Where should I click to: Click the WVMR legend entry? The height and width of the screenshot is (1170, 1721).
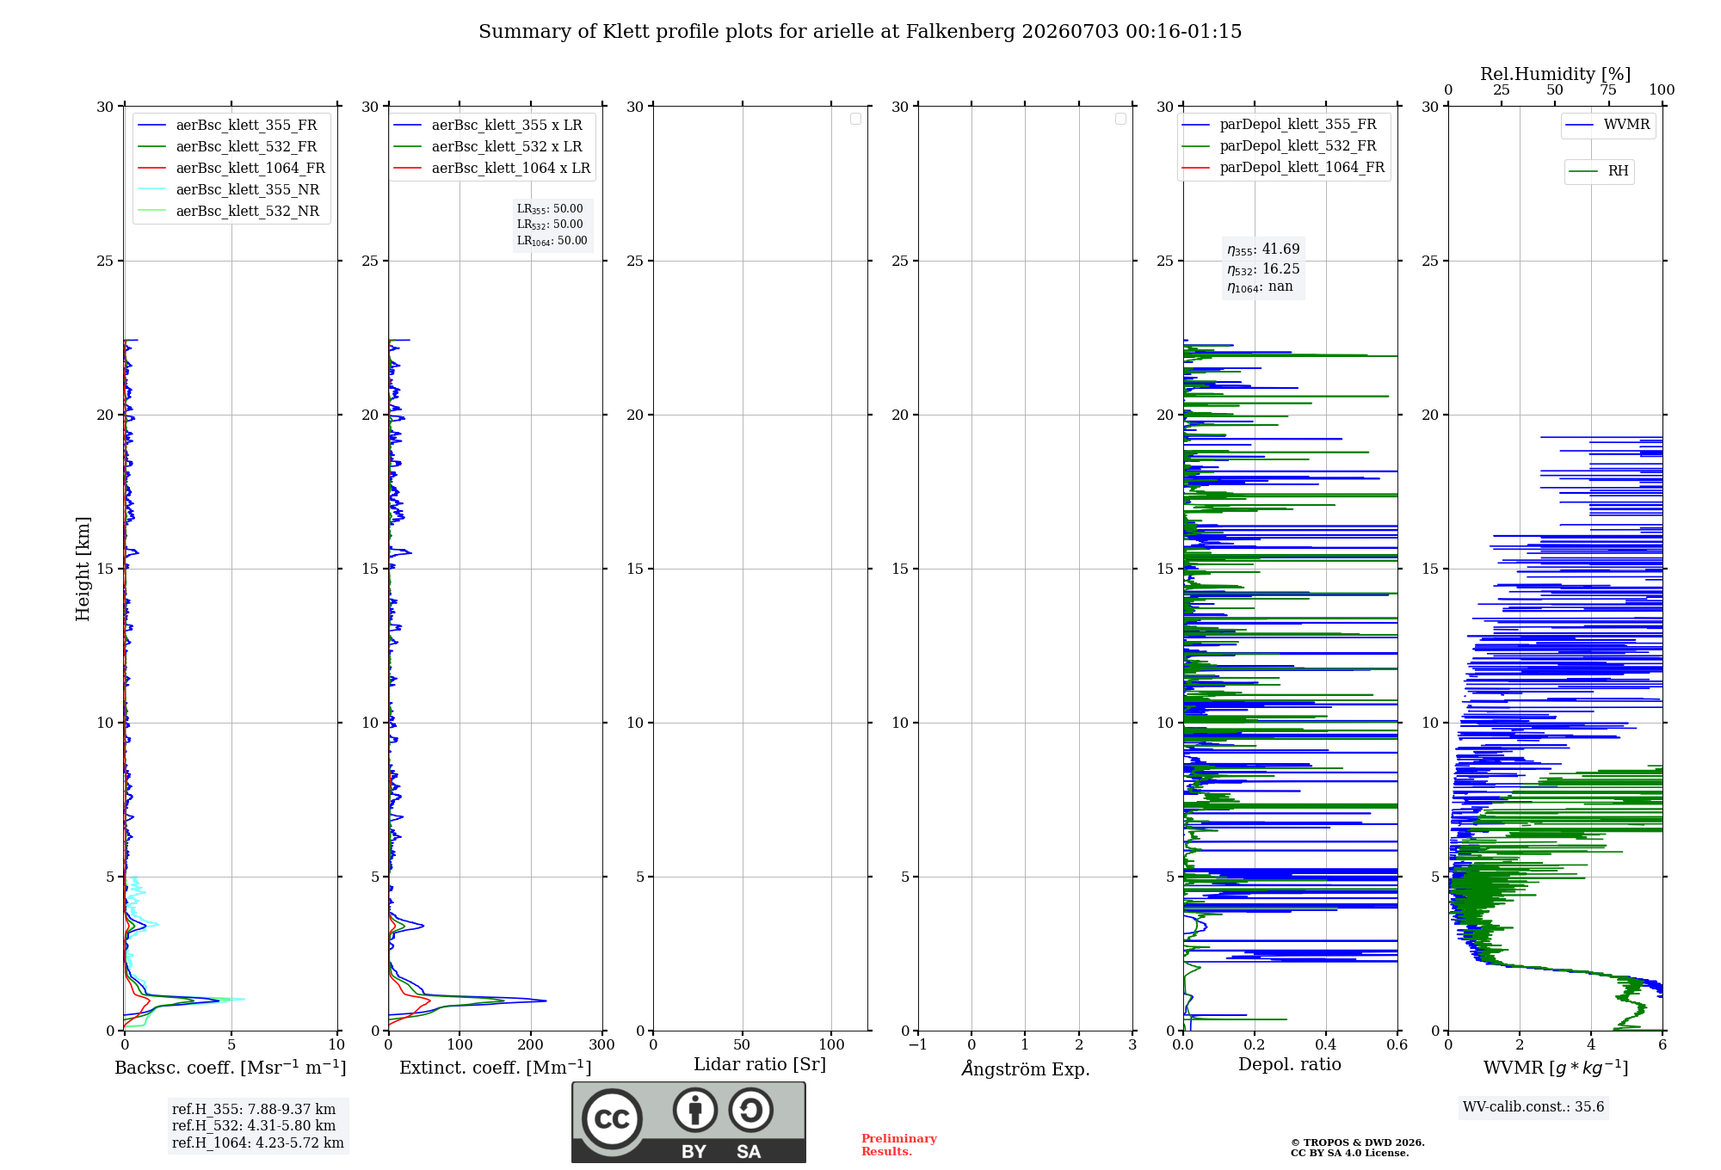(x=1607, y=125)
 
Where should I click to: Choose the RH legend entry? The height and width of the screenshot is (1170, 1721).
(x=1598, y=171)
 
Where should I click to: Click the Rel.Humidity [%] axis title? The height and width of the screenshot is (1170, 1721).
(x=1555, y=74)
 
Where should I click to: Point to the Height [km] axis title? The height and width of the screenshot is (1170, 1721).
(x=83, y=569)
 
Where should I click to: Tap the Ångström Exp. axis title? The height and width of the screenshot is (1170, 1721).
(x=1026, y=1068)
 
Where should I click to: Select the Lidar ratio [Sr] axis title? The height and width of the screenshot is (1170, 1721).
(x=760, y=1064)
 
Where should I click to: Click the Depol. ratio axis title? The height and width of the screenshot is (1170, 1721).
(x=1290, y=1064)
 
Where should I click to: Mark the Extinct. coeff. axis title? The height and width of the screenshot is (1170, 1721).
(x=496, y=1068)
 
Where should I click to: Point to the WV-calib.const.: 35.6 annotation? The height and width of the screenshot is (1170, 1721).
(x=1533, y=1106)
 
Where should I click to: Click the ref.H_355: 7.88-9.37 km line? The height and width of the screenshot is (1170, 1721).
(x=254, y=1109)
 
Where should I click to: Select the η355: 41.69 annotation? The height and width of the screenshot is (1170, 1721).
(x=1263, y=249)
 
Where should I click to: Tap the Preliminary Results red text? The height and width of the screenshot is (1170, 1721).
(x=899, y=1145)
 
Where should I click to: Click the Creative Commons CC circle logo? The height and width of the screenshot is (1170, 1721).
(x=612, y=1119)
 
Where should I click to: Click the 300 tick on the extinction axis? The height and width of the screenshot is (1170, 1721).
(x=602, y=1045)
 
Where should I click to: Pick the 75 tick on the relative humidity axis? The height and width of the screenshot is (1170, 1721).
(x=1608, y=89)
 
